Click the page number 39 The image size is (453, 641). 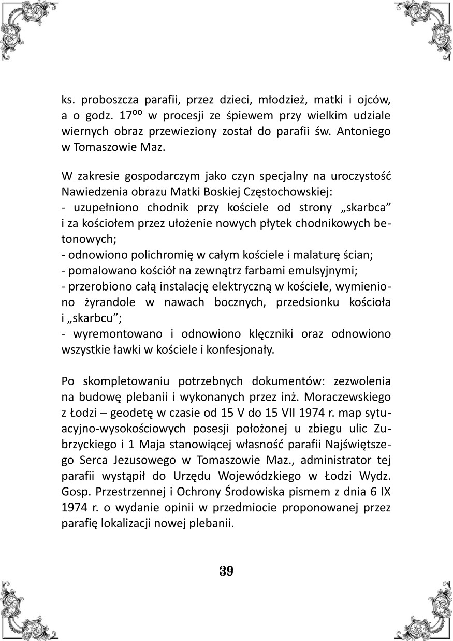point(226,571)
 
